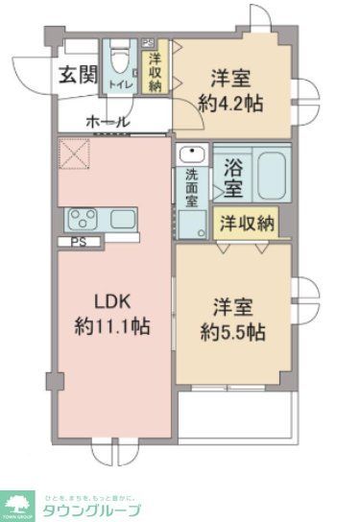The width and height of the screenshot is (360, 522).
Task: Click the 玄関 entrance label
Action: pyautogui.click(x=78, y=75)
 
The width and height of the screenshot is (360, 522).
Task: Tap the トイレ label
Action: pyautogui.click(x=119, y=84)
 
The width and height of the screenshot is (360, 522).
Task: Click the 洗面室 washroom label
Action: pyautogui.click(x=192, y=187)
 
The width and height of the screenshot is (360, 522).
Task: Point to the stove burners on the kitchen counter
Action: pyautogui.click(x=83, y=219)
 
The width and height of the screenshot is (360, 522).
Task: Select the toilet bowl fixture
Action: pyautogui.click(x=120, y=61)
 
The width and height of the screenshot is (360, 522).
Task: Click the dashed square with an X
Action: pyautogui.click(x=74, y=152)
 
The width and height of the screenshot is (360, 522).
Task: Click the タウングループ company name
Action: pyautogui.click(x=92, y=510)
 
